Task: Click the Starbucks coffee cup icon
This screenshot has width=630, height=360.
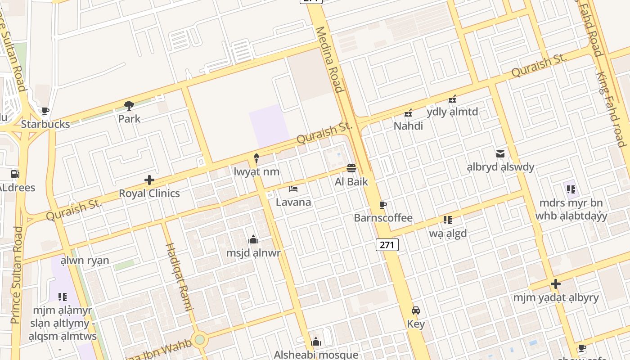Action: click(45, 111)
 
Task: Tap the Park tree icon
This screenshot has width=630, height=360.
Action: click(129, 106)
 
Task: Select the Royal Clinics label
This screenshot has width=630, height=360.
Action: click(149, 193)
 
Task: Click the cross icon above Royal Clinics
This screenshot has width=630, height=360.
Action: click(149, 180)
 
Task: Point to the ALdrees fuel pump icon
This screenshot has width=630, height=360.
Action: click(15, 174)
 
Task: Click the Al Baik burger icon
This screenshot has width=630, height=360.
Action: click(351, 168)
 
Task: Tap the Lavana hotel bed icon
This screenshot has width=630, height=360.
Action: click(293, 189)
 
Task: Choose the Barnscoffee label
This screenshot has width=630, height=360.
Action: click(383, 218)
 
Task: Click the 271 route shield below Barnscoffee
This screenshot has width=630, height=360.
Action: click(387, 245)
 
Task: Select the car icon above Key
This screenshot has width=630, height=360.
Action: click(415, 310)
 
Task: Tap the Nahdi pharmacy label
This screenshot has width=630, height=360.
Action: click(408, 126)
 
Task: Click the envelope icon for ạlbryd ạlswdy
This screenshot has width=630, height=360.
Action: click(500, 154)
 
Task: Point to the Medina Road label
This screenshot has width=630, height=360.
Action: click(329, 59)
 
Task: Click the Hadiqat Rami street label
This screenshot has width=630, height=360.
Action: click(180, 277)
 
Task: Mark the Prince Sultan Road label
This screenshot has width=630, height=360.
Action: click(17, 274)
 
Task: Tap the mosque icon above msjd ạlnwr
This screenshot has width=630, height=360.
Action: click(253, 239)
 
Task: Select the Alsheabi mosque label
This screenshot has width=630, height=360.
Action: click(316, 355)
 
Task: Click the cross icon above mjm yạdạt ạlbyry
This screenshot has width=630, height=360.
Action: click(556, 284)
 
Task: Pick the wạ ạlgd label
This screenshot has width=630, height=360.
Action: click(448, 234)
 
